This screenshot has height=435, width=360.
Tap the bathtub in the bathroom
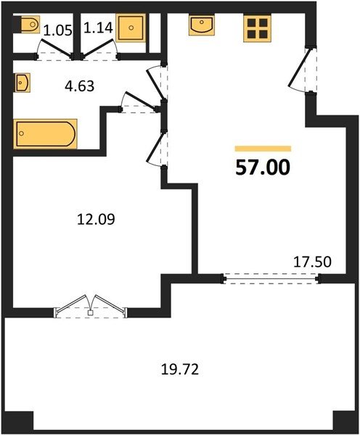[x=45, y=133]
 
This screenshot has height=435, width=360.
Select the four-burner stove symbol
[x=257, y=28]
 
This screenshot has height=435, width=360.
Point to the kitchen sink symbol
[x=202, y=25]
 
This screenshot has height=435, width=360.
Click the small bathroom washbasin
[x=22, y=83]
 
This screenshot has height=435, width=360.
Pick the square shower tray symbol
[x=131, y=28]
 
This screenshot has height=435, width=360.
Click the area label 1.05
[x=58, y=30]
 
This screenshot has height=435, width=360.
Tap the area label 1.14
[x=98, y=28]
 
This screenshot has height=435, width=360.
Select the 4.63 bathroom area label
[x=79, y=86]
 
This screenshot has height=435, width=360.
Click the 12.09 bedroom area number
[x=96, y=220]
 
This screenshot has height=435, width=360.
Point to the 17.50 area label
[x=313, y=262]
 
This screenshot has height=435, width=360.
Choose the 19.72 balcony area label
[x=180, y=370]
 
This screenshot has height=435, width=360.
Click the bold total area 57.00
[x=263, y=168]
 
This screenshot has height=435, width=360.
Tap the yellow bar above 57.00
[x=263, y=149]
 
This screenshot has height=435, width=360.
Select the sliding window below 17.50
[x=271, y=278]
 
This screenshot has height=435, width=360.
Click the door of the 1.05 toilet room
[x=55, y=50]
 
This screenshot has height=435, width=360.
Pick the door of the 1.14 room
[x=100, y=50]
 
